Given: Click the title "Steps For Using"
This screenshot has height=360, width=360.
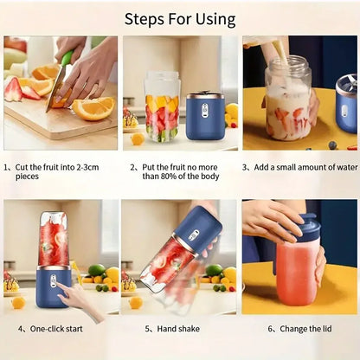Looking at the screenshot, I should [x=180, y=18].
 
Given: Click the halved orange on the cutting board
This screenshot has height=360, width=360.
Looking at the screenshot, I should [x=93, y=108].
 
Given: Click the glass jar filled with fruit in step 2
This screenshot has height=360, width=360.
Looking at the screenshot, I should [x=162, y=108].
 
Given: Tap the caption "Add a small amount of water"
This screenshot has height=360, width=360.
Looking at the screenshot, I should [x=299, y=167].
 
